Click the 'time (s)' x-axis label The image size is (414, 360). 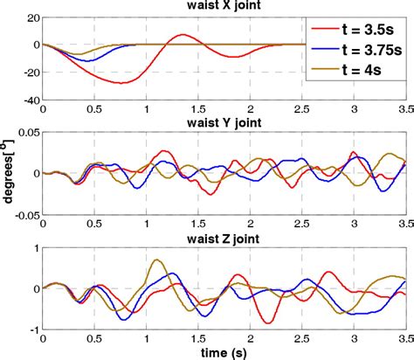[x=225, y=351]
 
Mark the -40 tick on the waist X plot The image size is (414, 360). [x=29, y=100]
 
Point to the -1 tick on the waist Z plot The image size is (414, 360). [x=33, y=329]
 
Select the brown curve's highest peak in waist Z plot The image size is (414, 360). [x=156, y=260]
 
